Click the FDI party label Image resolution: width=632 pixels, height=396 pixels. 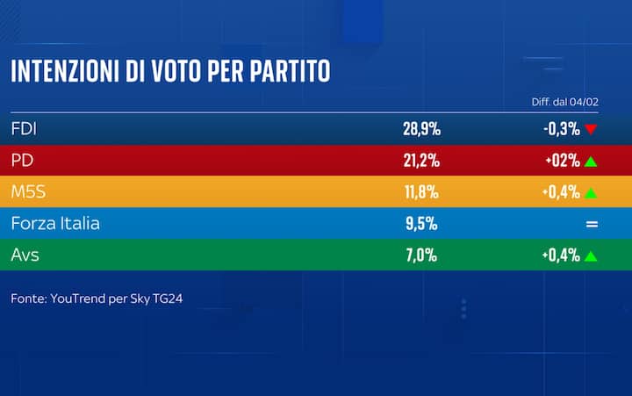[25, 129]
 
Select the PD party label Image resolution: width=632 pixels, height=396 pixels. [23, 161]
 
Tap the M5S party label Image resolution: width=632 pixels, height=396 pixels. [29, 192]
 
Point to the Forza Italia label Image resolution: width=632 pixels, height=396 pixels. [55, 224]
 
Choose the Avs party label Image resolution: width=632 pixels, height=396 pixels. [25, 256]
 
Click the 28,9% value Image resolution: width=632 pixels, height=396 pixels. [421, 129]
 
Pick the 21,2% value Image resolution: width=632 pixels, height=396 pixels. [421, 161]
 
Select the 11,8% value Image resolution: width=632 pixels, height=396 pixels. [421, 192]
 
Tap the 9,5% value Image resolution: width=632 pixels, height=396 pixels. [421, 224]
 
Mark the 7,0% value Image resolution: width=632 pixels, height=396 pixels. [421, 256]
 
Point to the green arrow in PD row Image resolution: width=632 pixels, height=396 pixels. [591, 161]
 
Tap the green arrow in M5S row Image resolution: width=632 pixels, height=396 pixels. [591, 192]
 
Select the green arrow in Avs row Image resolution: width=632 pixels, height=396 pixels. [591, 256]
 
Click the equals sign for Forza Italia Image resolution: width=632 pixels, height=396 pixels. [592, 224]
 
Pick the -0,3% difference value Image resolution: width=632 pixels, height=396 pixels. [561, 129]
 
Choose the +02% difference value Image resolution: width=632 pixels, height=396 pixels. [561, 161]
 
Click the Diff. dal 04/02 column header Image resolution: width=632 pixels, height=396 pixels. [564, 103]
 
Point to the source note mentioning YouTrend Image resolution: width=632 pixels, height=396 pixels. [97, 299]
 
